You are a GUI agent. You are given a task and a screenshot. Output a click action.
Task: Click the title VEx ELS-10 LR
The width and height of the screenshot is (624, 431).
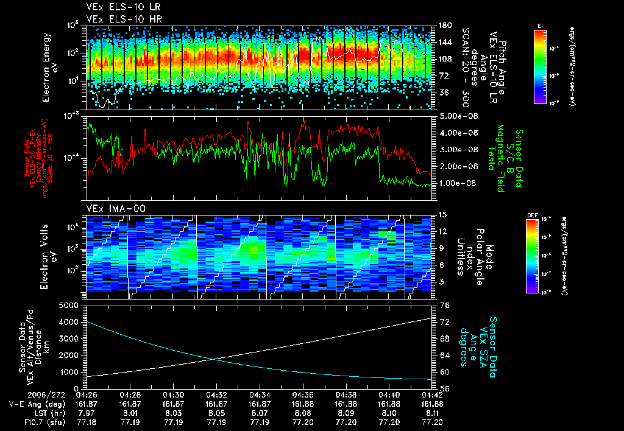pos(116,8)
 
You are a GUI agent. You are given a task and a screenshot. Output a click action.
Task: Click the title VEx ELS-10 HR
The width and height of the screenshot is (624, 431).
pos(116,19)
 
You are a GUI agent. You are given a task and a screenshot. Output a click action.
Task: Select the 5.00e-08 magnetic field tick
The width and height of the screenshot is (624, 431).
pos(456,116)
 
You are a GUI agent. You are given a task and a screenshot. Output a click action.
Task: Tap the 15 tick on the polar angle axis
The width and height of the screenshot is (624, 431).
pos(443,215)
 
